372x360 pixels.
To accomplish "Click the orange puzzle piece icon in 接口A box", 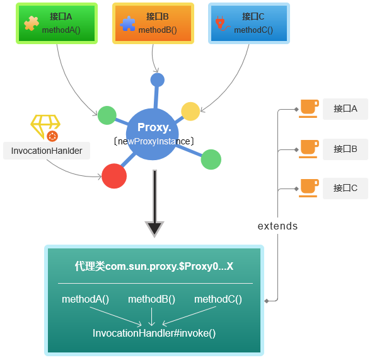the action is [32, 23].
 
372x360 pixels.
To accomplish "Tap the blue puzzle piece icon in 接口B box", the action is [127, 23].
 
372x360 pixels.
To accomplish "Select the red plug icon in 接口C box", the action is [222, 23].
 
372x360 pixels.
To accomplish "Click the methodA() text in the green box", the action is [61, 30].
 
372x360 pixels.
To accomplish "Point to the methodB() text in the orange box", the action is [158, 30].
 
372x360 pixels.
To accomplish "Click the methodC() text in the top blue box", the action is [253, 30].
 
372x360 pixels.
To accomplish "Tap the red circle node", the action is [114, 176].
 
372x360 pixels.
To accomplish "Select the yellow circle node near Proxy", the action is [190, 112].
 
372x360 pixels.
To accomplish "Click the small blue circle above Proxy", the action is [157, 80].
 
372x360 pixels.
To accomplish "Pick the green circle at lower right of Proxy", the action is [211, 160].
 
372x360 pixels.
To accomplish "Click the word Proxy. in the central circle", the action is [154, 127].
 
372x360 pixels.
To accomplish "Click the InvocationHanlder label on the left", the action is [47, 151].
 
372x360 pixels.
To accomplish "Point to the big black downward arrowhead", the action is [154, 229].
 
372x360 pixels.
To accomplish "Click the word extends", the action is [277, 226].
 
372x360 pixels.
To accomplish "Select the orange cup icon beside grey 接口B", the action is [309, 149].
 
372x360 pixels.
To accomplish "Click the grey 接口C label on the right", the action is [346, 189].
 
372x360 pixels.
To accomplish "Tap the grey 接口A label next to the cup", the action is [346, 109].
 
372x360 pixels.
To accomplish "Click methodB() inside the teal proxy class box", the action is [151, 299].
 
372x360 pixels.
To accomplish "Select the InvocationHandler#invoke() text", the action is [154, 333].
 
